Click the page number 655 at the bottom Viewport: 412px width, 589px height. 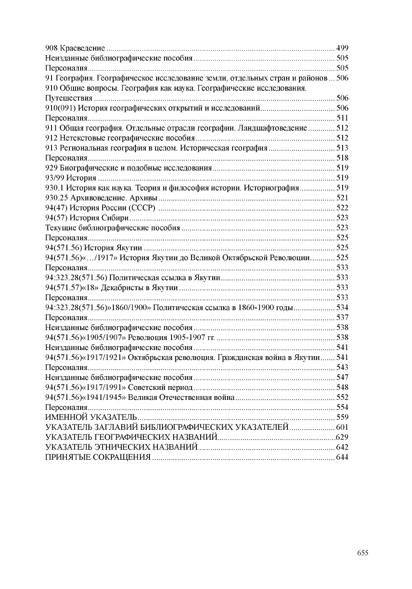362,552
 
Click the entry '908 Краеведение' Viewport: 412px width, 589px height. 75,48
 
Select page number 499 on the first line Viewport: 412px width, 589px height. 342,48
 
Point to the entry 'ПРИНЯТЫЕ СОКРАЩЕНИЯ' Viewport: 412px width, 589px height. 98,457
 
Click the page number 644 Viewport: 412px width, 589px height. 342,457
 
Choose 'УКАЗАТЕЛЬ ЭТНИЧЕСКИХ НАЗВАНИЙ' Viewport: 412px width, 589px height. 121,447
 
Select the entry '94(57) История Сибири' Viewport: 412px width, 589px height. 87,218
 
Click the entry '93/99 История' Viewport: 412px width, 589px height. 71,178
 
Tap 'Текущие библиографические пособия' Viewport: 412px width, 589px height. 113,228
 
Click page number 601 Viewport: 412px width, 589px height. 342,427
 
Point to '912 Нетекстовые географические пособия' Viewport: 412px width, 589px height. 120,138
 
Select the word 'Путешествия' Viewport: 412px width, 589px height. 69,98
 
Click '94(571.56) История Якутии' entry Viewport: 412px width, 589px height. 94,248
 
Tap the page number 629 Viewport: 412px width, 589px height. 342,437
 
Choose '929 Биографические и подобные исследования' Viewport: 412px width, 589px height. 128,168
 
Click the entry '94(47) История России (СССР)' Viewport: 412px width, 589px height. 100,208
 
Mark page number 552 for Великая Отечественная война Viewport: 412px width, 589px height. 342,397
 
